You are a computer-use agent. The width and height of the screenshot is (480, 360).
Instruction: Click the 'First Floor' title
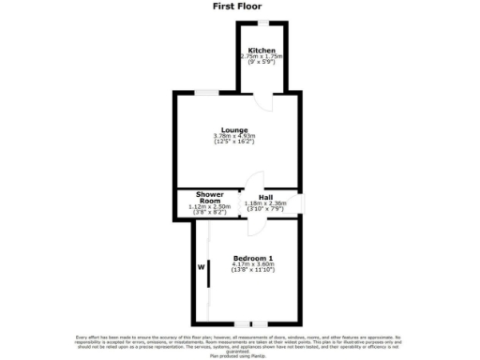[239, 6]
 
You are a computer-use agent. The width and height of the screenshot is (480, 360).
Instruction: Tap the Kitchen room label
[262, 50]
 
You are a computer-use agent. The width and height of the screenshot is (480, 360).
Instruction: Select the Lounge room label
[234, 129]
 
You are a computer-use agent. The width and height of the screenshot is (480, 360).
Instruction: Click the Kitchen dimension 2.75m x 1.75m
[262, 57]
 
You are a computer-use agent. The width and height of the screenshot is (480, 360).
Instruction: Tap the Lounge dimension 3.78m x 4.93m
[234, 137]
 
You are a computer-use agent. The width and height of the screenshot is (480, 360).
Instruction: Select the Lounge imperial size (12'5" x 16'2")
[234, 143]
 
